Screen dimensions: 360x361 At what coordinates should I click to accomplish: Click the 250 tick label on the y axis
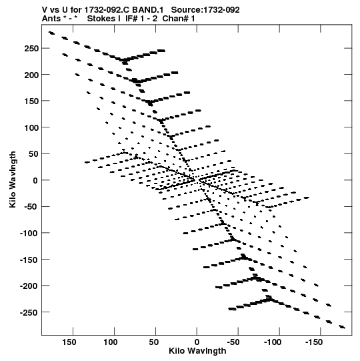click(31, 49)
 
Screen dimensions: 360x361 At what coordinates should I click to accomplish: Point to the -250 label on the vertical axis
click(29, 312)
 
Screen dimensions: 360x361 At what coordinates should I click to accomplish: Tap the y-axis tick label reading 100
click(31, 127)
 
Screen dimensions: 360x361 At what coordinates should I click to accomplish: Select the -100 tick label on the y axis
click(29, 234)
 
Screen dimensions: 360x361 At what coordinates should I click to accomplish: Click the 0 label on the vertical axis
click(35, 180)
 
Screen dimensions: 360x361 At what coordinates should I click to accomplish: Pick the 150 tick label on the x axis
click(69, 342)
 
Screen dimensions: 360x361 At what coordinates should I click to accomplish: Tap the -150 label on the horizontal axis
click(314, 342)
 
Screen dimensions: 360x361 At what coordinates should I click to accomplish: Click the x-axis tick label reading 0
click(197, 342)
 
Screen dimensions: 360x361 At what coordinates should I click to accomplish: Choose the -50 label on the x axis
click(233, 342)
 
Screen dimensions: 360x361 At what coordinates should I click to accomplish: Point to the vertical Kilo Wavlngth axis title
click(13, 179)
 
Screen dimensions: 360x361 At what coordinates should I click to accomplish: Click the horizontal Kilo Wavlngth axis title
click(197, 351)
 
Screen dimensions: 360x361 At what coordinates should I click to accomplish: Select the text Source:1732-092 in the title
click(205, 10)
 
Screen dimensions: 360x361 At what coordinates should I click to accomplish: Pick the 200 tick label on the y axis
click(31, 75)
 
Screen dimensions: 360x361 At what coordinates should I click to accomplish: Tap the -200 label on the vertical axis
click(29, 286)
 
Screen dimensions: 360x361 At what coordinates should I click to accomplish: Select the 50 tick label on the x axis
click(153, 342)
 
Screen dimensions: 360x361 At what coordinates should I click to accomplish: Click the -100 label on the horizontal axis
click(273, 342)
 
